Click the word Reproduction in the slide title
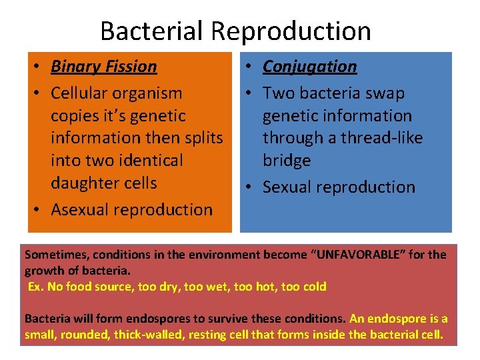point(291,31)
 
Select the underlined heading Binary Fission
point(104,67)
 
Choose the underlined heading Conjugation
point(310,67)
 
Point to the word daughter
point(81,183)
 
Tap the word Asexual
point(81,209)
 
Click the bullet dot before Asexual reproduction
point(39,210)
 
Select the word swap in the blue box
point(388,93)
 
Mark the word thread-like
point(382,138)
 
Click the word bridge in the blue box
point(287,161)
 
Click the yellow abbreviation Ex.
point(35,287)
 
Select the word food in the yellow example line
point(73,287)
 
